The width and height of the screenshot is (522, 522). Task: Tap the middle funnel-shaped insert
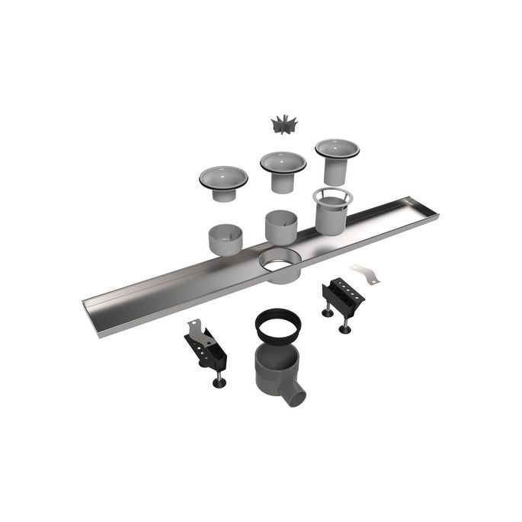pos(283,171)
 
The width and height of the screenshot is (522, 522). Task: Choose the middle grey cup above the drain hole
pos(281,226)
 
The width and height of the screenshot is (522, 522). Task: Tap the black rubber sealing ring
pos(277,323)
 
